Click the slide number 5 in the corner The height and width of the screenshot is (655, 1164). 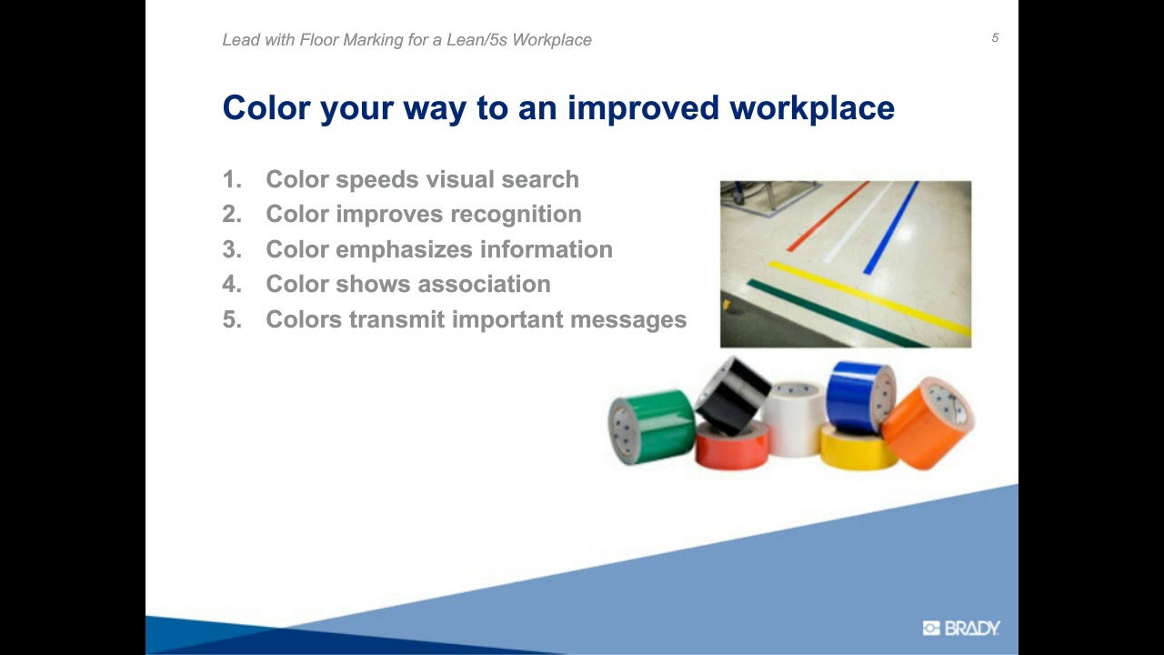point(995,38)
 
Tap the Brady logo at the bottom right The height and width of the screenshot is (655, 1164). point(961,628)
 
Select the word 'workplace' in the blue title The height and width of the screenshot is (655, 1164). point(811,108)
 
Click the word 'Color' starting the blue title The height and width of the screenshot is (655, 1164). point(266,108)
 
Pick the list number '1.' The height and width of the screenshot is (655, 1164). point(232,179)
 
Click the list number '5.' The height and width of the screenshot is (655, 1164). point(232,319)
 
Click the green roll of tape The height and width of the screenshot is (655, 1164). point(653,425)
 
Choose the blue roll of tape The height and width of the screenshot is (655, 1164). point(859,396)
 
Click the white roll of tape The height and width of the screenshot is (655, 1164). point(794,418)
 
